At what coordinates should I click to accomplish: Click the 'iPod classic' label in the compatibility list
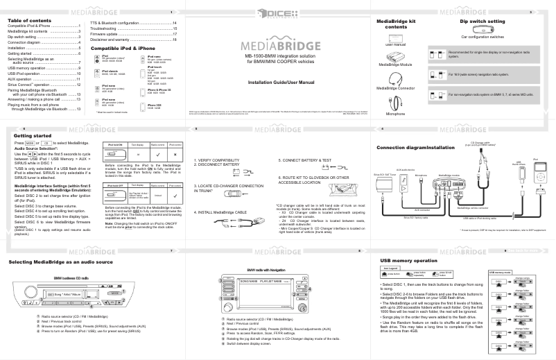pyautogui.click(x=112, y=71)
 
